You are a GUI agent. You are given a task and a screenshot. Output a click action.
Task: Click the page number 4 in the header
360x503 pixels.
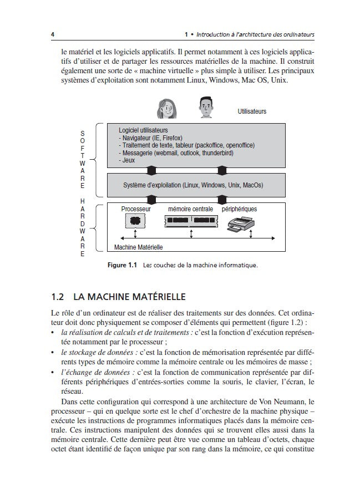[52, 35]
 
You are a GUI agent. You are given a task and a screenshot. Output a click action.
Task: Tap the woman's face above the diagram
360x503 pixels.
[166, 108]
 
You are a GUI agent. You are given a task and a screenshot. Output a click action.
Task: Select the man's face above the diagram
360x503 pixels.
[205, 106]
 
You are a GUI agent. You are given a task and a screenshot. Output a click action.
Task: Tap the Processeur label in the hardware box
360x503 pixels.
[136, 210]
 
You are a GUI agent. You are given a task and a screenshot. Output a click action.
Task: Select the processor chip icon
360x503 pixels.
[134, 221]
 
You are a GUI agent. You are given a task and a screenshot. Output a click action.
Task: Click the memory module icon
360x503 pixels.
[190, 221]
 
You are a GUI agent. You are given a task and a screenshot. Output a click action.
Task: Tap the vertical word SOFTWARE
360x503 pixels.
[83, 160]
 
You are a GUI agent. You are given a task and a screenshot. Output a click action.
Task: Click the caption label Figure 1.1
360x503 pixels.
[122, 265]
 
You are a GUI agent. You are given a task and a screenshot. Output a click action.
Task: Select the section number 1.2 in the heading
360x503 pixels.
[58, 297]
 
